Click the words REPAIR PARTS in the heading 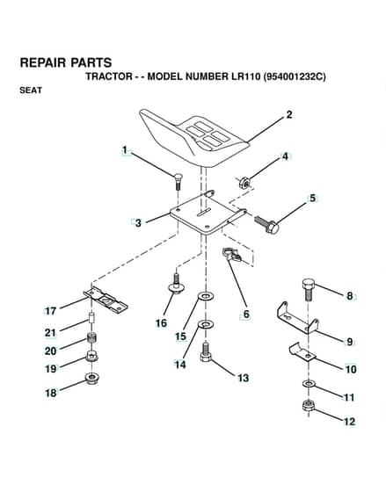pos(66,62)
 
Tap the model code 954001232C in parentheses pos(295,76)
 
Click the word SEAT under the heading pos(31,90)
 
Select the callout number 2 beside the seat pos(289,115)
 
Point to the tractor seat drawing pos(193,138)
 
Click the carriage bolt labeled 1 pos(178,181)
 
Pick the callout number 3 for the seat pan pos(138,223)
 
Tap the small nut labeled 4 pos(244,183)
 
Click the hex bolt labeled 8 pos(308,290)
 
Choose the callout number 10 pos(351,369)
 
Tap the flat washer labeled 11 pos(309,384)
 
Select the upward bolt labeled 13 pos(205,352)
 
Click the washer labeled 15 pos(206,295)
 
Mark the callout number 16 pos(162,323)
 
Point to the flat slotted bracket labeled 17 pos(106,300)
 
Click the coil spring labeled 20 pos(91,338)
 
